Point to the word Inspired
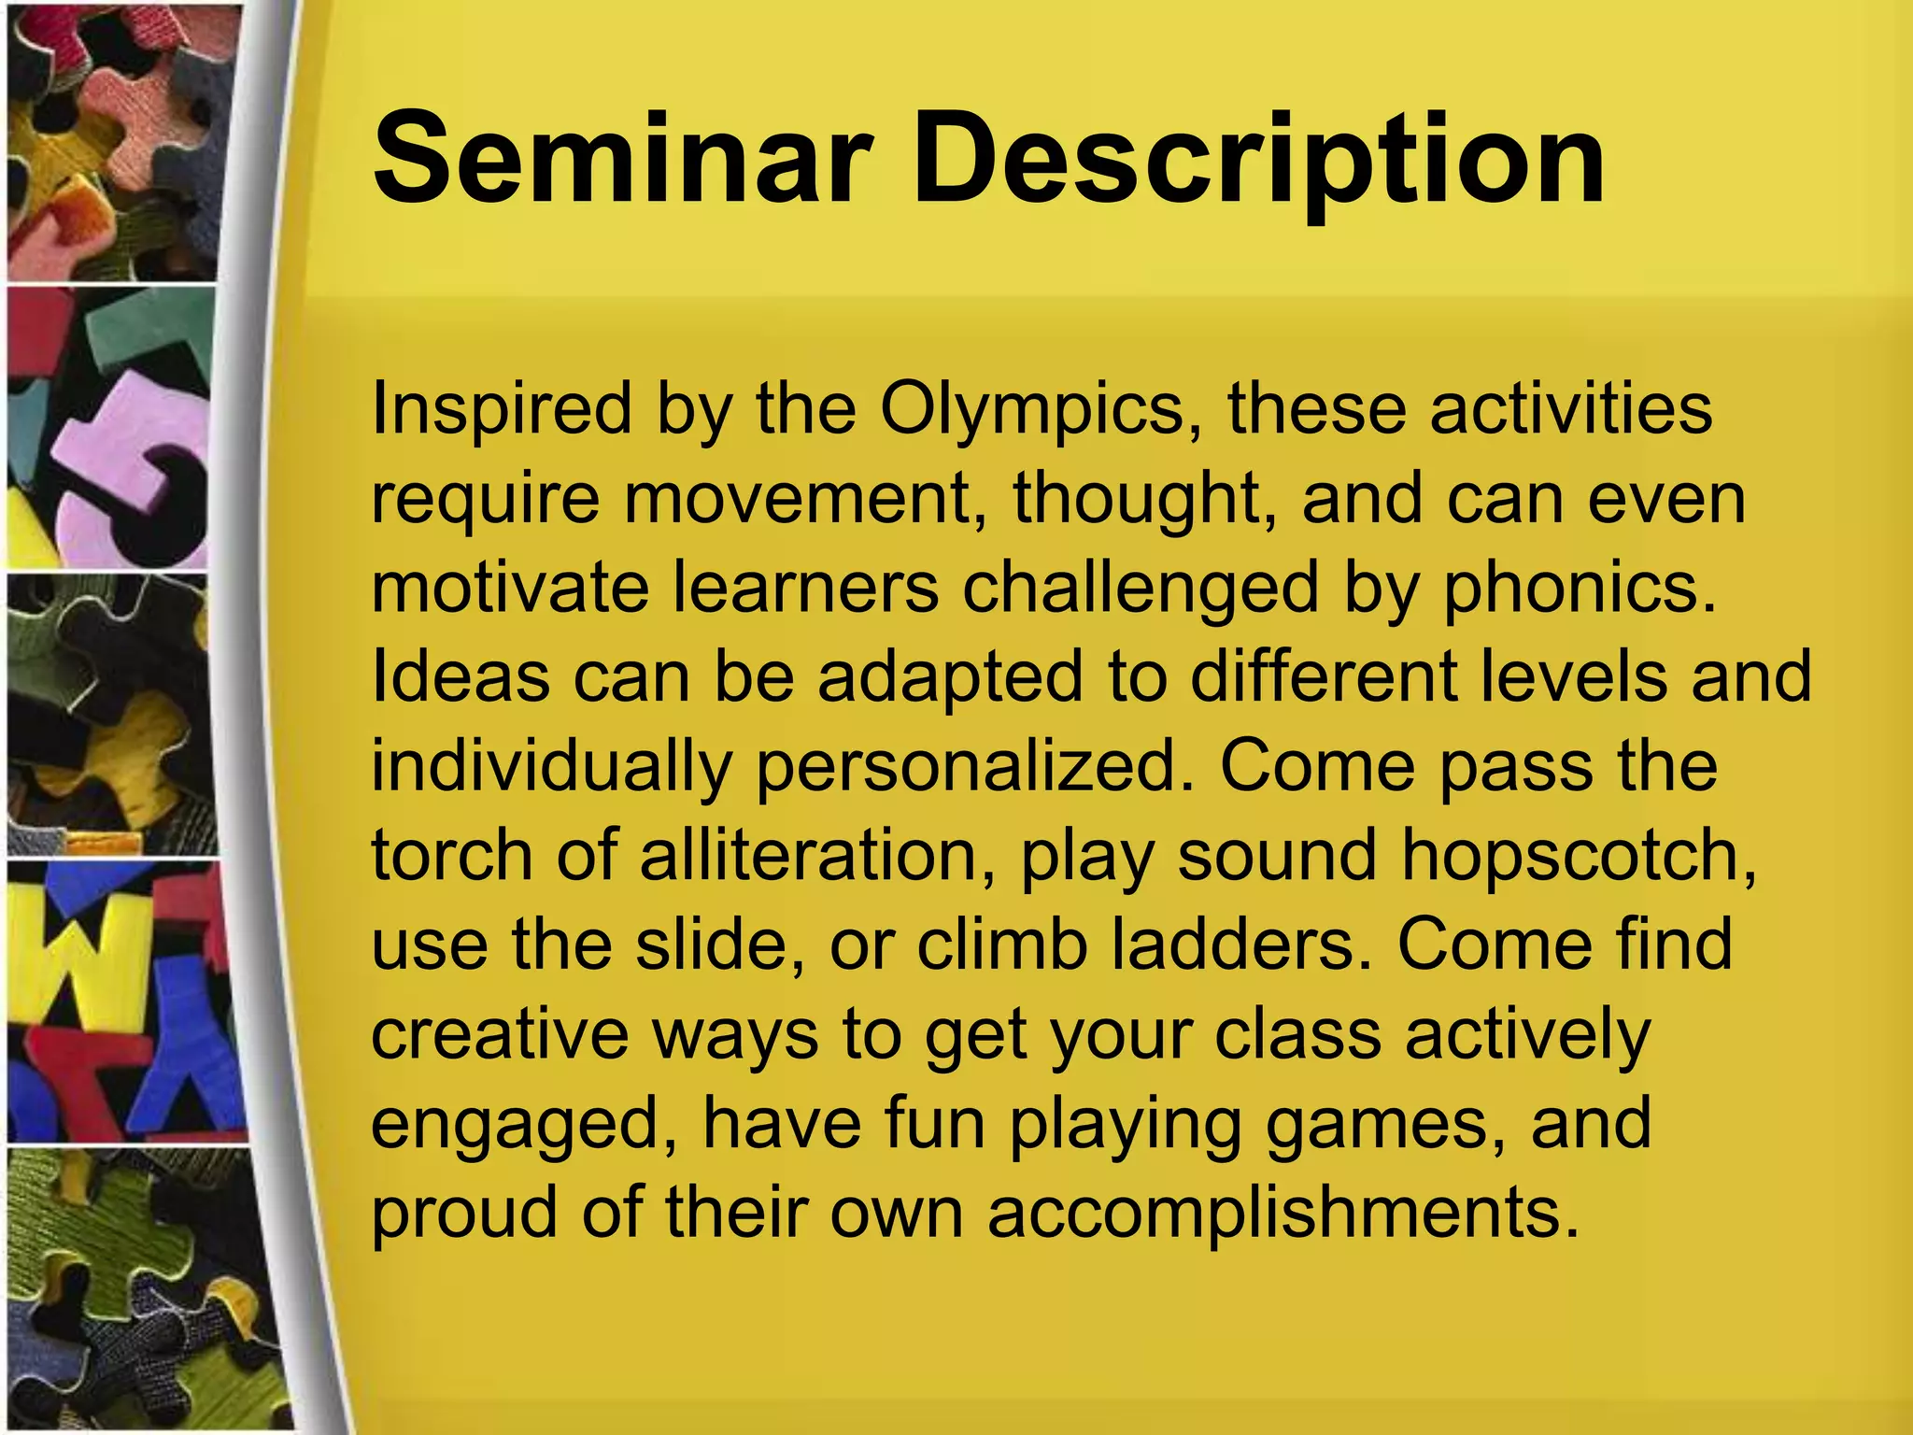502,410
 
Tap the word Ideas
461,676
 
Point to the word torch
452,855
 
